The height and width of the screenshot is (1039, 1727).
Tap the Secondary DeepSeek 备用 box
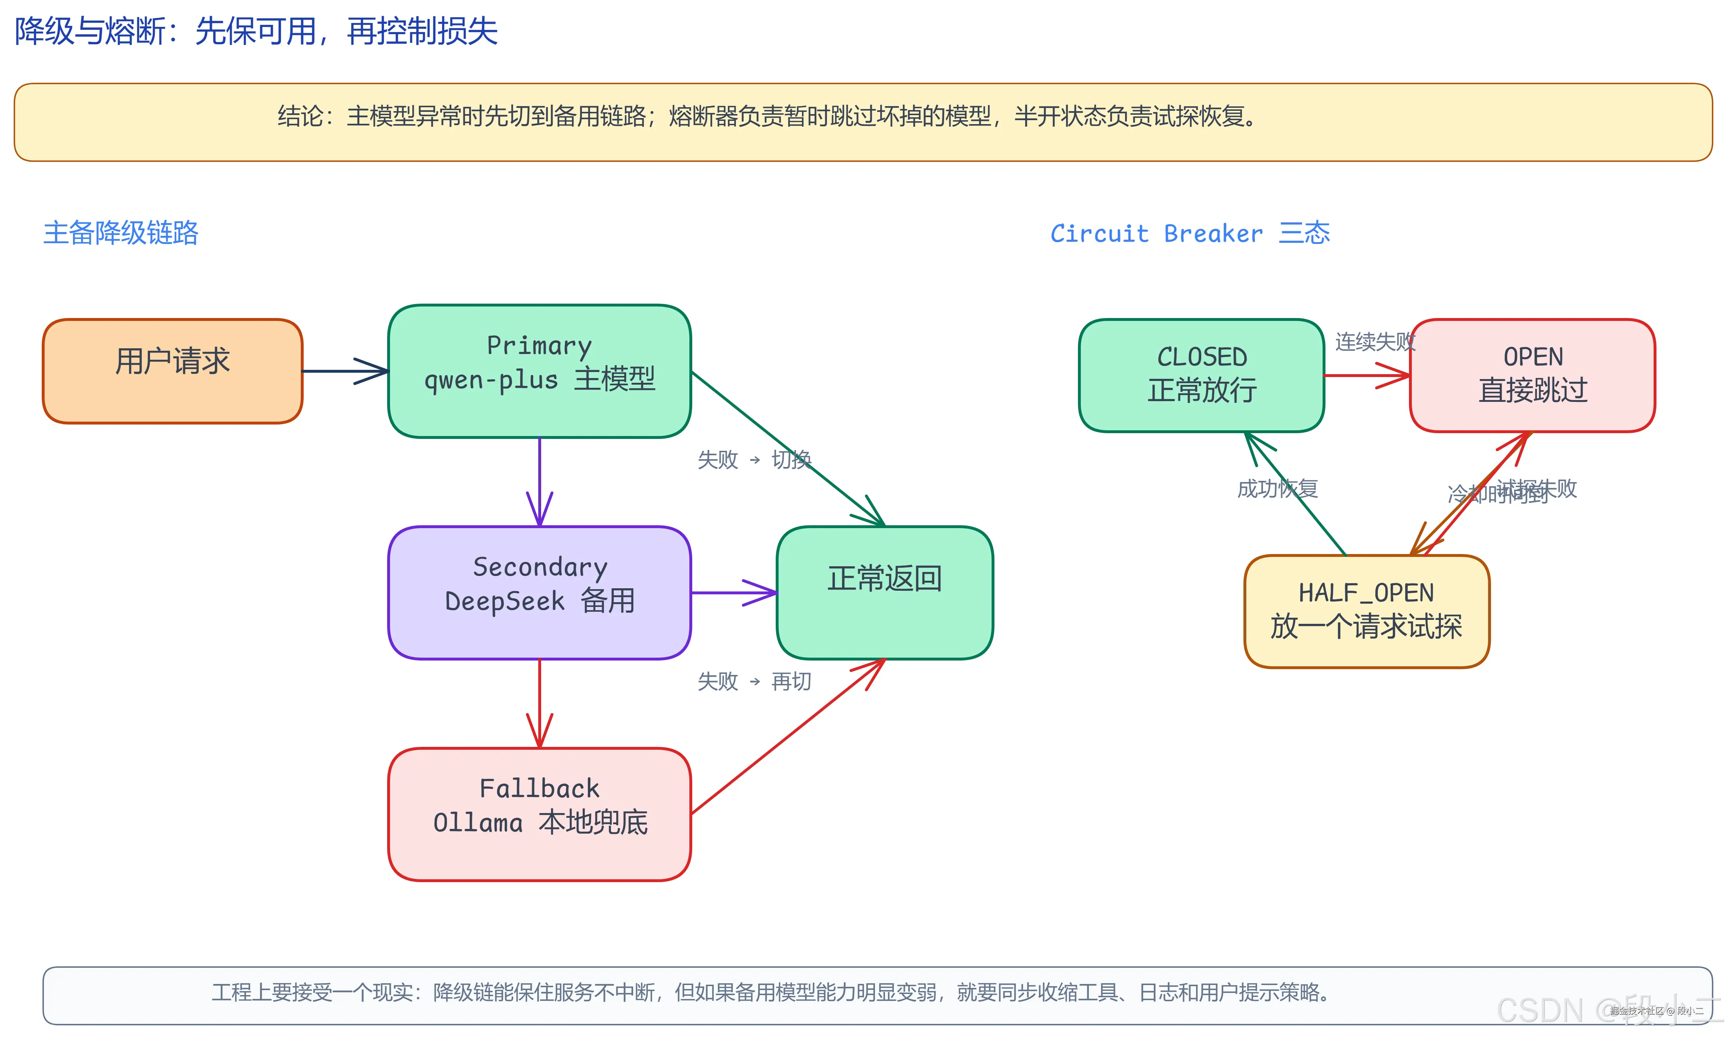[x=539, y=592]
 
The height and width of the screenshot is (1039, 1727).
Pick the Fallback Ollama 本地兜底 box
[x=539, y=813]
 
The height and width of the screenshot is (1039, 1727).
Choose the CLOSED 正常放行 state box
[x=1201, y=375]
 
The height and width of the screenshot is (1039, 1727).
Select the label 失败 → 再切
[x=754, y=681]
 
